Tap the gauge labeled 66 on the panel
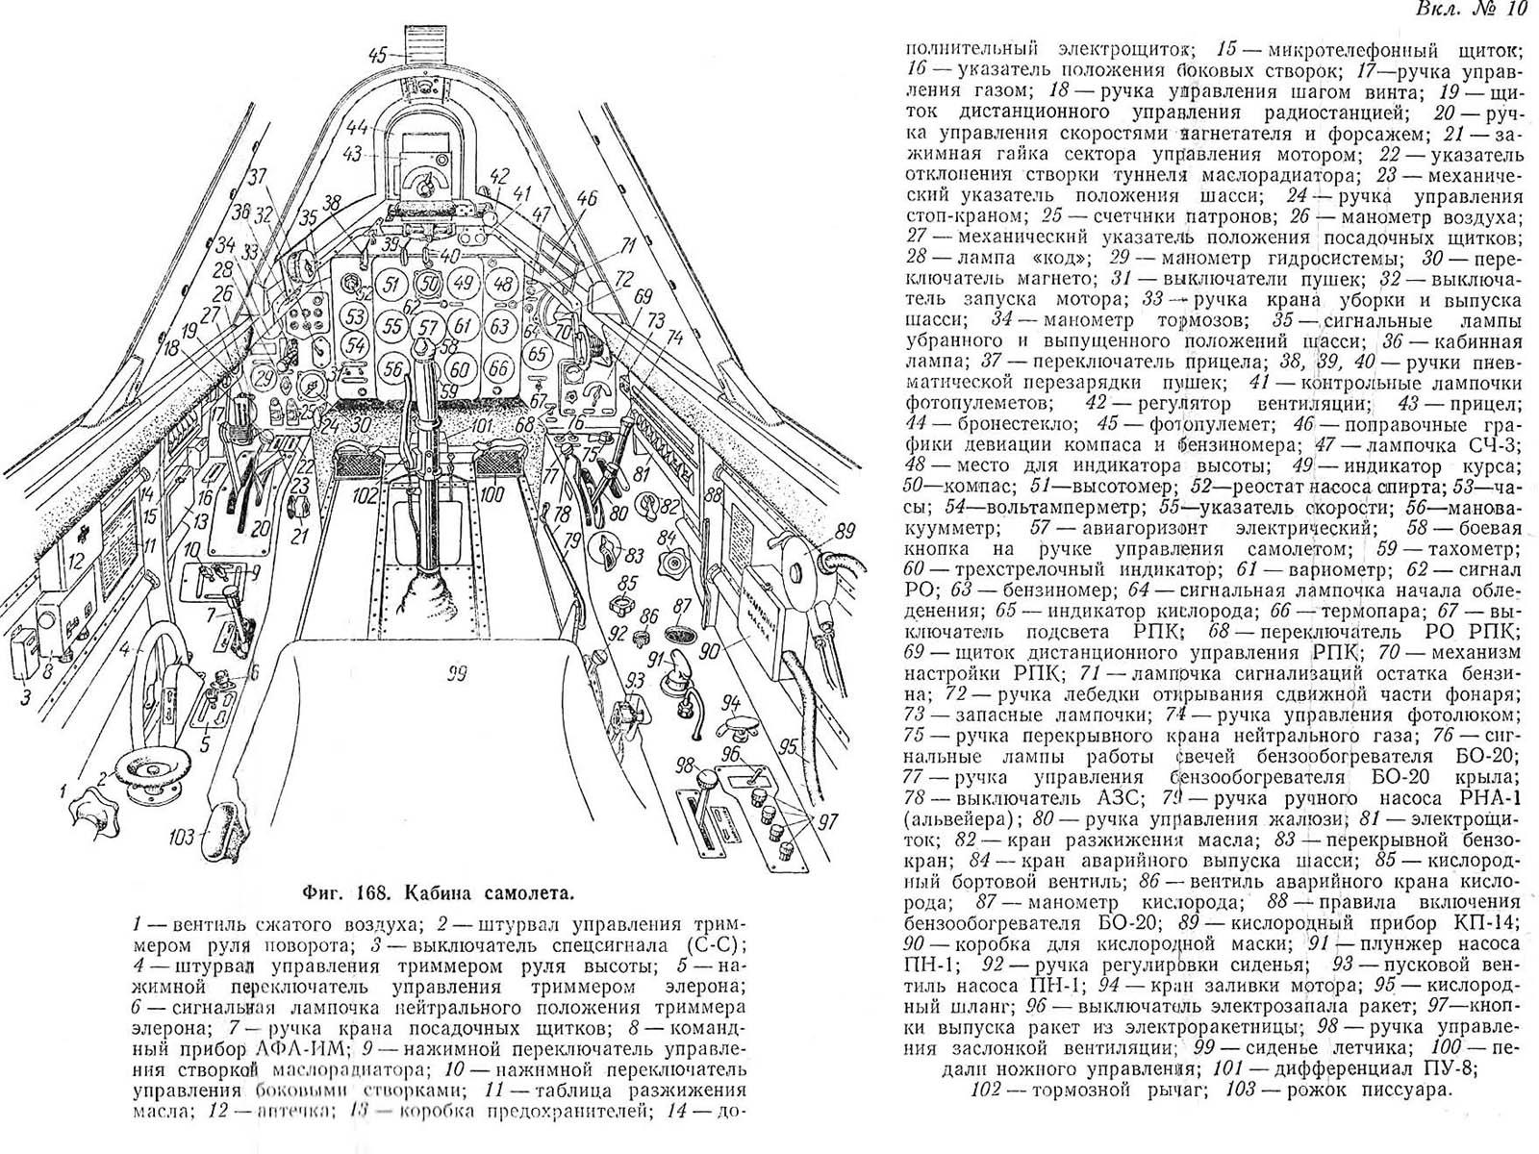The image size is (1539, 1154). tap(498, 367)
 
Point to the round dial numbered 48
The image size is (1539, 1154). tap(499, 285)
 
